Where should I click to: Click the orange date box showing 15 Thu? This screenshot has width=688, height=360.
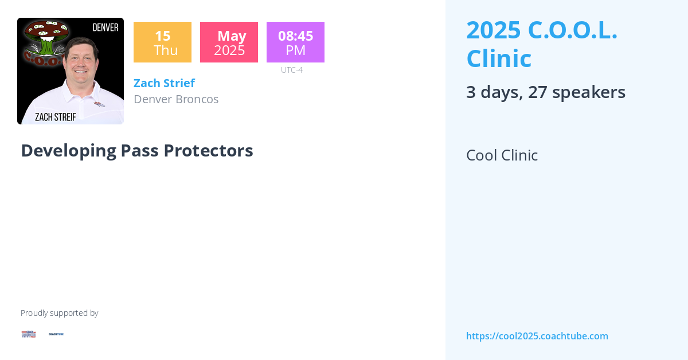pos(162,42)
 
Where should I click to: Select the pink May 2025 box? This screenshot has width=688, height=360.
pos(229,42)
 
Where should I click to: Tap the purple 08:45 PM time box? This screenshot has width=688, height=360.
pos(295,42)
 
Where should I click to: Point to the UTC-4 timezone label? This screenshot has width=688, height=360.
pos(292,70)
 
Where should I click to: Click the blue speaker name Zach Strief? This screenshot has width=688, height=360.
pos(164,83)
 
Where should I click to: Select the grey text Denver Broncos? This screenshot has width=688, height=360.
pos(176,99)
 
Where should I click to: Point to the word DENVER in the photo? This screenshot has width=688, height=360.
pos(105,28)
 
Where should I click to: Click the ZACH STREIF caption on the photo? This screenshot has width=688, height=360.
pos(56,117)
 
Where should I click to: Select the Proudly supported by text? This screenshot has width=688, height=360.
pos(59,313)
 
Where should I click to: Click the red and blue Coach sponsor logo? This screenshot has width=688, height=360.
pos(29,334)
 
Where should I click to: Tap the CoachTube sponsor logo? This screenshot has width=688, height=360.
pos(56,334)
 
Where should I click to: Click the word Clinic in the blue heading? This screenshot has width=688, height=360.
pos(499,58)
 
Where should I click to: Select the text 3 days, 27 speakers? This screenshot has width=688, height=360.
pos(545,92)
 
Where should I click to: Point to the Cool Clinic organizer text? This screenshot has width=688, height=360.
pos(502,155)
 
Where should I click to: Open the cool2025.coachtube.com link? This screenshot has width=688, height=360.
pos(537,336)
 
